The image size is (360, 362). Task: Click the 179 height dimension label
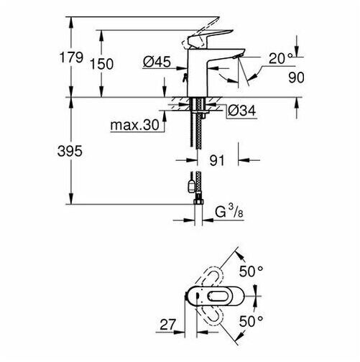(71, 57)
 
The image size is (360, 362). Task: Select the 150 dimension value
(102, 64)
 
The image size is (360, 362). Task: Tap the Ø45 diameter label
(157, 62)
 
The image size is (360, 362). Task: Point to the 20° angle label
(280, 58)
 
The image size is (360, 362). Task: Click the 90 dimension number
(296, 78)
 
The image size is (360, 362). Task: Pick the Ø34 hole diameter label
(241, 111)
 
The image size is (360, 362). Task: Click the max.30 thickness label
(135, 125)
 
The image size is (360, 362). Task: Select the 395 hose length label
(70, 151)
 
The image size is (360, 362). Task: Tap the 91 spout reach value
(217, 160)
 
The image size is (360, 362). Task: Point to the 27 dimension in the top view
(167, 325)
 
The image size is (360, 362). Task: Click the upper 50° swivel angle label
(251, 271)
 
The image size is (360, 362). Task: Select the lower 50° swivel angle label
(251, 321)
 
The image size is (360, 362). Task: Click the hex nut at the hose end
(198, 201)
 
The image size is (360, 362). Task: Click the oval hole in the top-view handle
(217, 296)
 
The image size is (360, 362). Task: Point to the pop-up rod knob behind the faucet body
(185, 78)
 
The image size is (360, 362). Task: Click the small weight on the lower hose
(192, 186)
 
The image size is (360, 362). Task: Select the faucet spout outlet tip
(236, 56)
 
